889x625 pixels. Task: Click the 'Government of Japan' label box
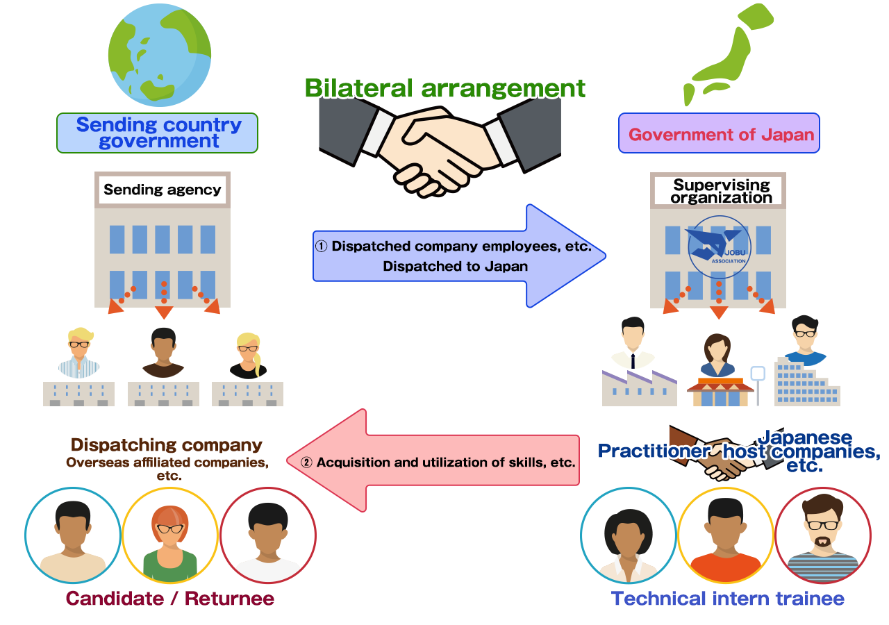(720, 134)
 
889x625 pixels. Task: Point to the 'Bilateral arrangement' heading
(444, 89)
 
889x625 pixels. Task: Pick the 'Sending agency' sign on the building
(163, 189)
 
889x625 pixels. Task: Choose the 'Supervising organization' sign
(721, 191)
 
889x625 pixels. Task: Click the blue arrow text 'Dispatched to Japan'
(454, 266)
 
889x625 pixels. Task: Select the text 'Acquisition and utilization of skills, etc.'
(445, 462)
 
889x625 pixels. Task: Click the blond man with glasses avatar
(78, 351)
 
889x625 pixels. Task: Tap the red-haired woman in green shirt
(170, 536)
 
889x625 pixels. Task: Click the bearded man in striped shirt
(822, 536)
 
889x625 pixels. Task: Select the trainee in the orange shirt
(725, 536)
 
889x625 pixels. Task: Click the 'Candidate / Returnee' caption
(170, 599)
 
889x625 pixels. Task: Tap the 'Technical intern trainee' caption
(727, 599)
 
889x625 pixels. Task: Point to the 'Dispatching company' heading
(167, 445)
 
